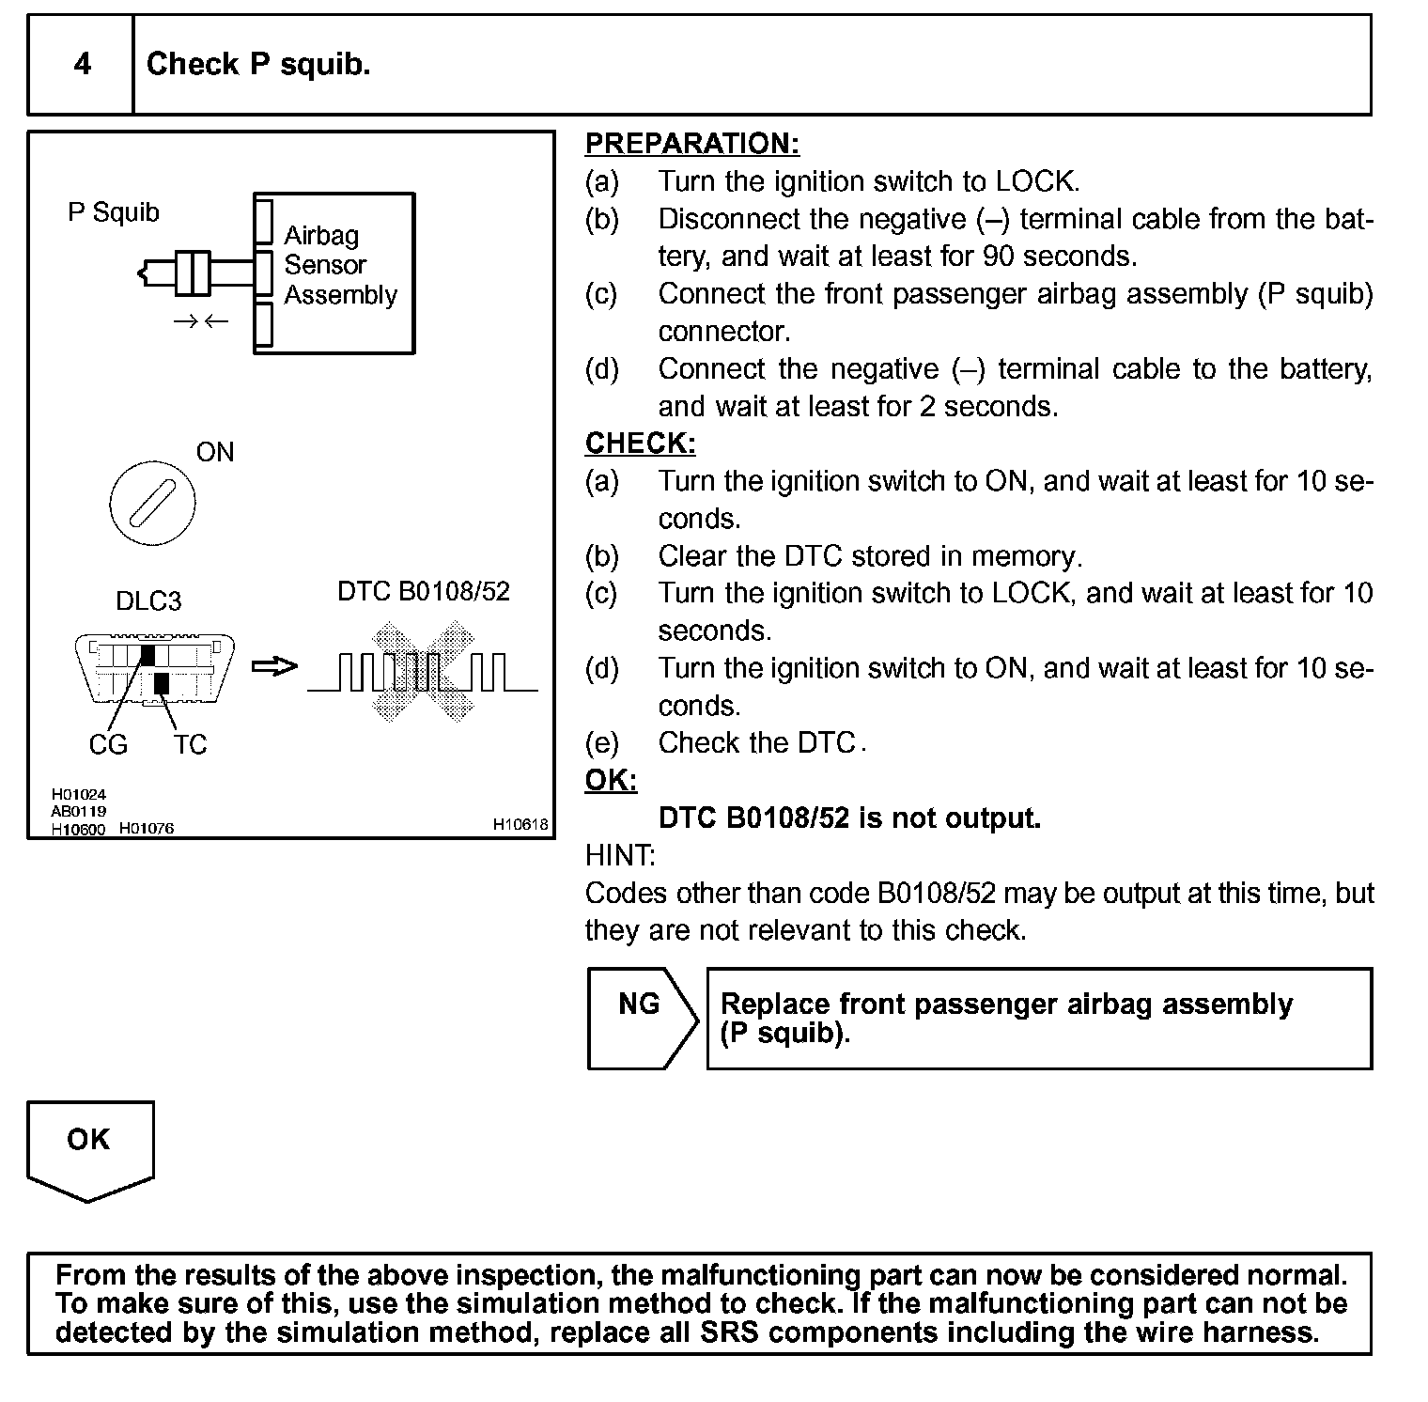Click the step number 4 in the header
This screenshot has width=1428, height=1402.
(83, 64)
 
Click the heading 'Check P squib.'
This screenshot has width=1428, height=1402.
(258, 64)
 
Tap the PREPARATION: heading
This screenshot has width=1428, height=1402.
(691, 144)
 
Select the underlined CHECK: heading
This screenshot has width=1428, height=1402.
(640, 444)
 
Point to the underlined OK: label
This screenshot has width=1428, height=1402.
(611, 781)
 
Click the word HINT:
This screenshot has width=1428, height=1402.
(620, 855)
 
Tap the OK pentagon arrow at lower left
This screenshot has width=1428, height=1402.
(89, 1149)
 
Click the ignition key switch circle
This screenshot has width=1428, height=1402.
(152, 502)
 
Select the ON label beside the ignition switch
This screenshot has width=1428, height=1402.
(215, 452)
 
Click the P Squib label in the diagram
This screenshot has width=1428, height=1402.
(114, 212)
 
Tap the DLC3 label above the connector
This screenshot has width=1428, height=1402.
(148, 600)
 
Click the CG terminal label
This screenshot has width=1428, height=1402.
(108, 744)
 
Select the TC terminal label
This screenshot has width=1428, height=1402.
(190, 744)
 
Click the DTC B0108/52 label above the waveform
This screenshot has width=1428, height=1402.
(424, 591)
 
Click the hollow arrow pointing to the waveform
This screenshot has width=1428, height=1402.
(274, 667)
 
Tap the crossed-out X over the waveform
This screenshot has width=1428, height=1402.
(423, 669)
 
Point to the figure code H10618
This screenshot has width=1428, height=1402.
(520, 824)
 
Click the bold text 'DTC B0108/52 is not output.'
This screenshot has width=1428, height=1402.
(849, 818)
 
